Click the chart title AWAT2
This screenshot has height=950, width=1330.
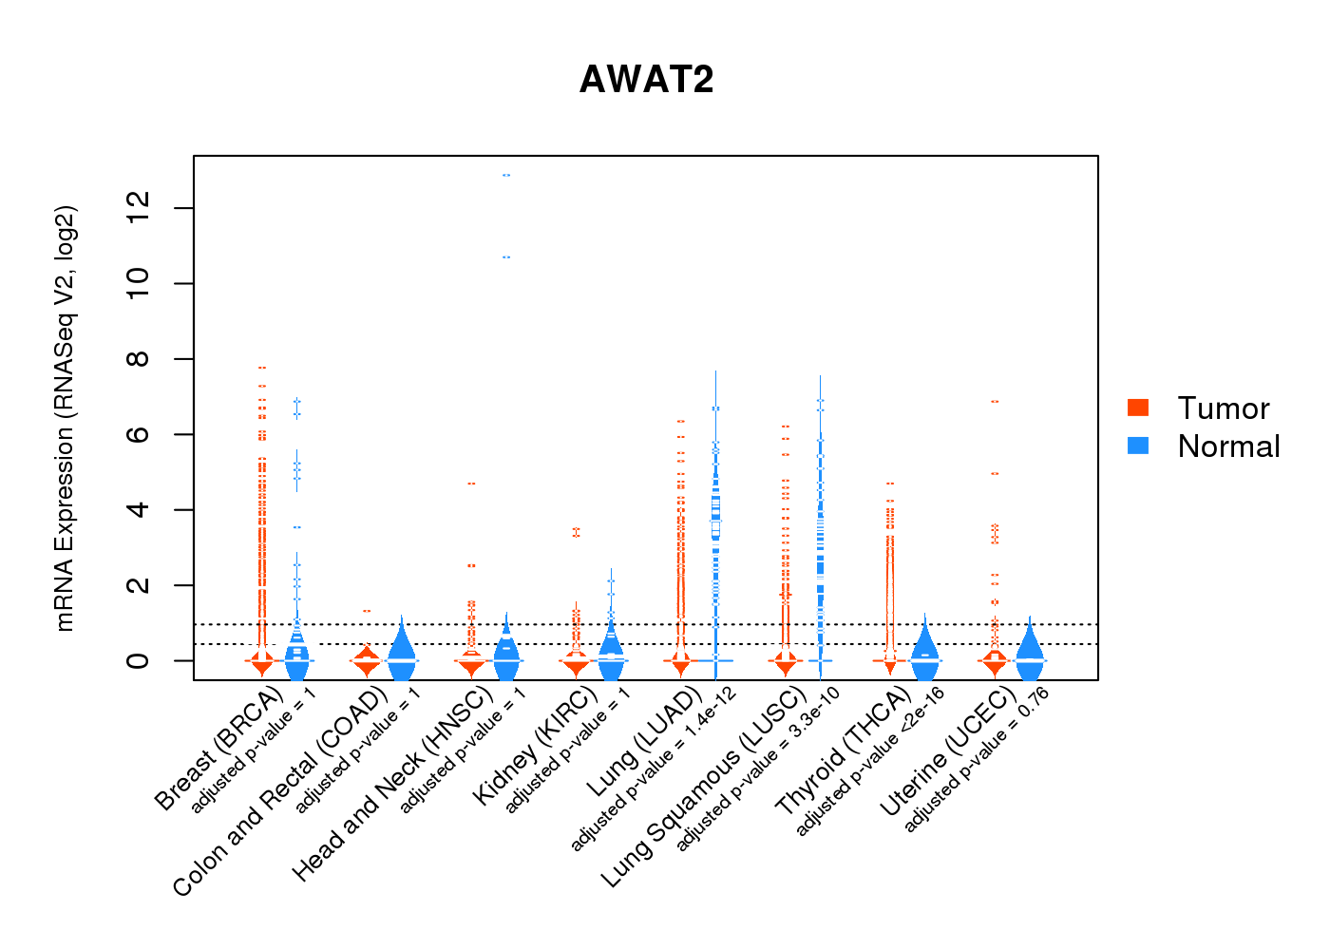click(x=646, y=80)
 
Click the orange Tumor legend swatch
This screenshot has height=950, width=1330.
click(x=1137, y=408)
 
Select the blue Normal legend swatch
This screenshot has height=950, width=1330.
click(x=1137, y=446)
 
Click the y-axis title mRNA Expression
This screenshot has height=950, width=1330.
click(x=65, y=418)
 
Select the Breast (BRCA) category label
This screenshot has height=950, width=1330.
click(x=218, y=750)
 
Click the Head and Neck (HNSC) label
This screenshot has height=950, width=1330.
click(x=391, y=785)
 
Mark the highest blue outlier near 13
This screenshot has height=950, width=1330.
click(x=506, y=176)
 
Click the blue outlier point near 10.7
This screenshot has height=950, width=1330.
click(x=506, y=257)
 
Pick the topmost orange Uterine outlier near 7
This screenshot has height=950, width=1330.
click(x=995, y=402)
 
